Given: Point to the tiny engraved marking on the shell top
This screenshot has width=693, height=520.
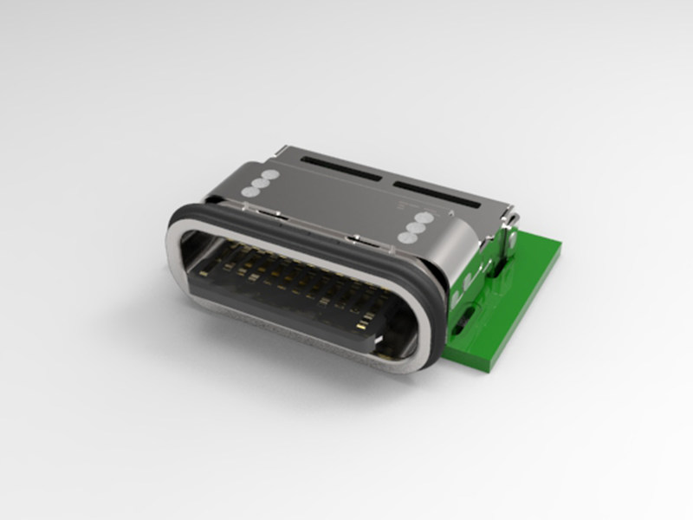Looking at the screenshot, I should [400, 207].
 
